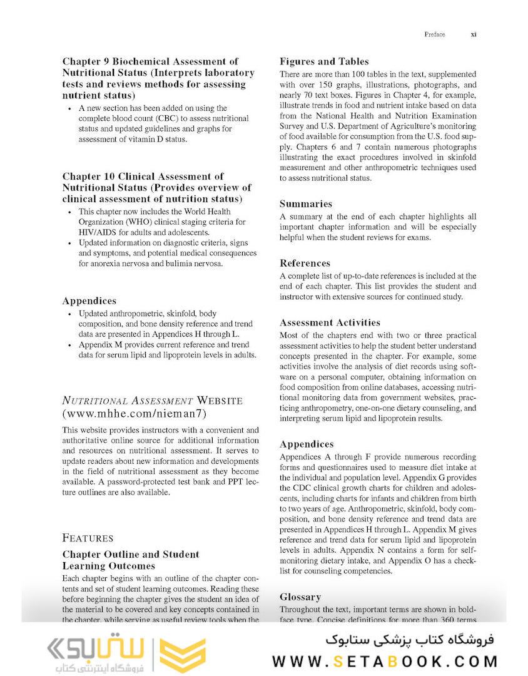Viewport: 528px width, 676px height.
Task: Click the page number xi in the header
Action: click(474, 34)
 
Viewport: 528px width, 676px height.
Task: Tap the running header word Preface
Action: click(434, 34)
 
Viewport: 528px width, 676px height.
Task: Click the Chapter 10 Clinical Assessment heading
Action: click(156, 187)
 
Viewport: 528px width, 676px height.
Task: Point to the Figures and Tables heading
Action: click(324, 61)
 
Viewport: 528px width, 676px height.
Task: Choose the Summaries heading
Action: click(306, 203)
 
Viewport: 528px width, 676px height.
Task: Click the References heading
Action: click(305, 263)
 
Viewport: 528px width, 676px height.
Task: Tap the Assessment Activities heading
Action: click(330, 322)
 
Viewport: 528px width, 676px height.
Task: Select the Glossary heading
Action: click(300, 597)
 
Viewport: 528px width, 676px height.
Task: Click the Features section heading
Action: click(88, 538)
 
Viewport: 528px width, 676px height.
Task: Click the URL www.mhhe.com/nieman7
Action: click(134, 414)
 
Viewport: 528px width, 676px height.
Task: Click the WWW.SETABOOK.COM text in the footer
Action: click(385, 661)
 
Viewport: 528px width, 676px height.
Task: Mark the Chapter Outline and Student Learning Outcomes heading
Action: click(131, 560)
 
